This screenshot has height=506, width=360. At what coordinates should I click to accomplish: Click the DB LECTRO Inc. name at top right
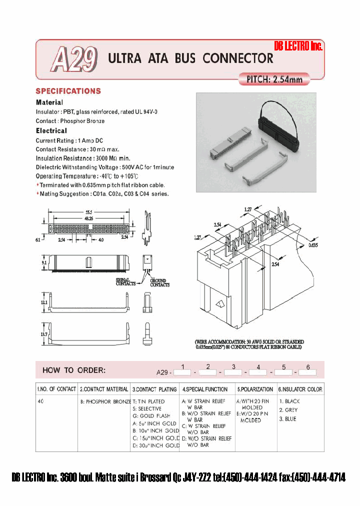coord(298,46)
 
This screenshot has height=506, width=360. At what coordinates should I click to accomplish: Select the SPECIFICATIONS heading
coord(68,91)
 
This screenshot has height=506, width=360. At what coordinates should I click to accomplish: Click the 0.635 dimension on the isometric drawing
coord(312,245)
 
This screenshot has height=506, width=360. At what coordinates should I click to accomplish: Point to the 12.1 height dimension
coord(44,302)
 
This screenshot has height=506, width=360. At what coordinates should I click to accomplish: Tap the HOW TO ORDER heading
coord(73,370)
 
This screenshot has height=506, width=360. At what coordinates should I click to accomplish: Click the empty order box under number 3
coord(232,372)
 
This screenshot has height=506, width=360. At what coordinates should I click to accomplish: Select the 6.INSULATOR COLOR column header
coord(300,389)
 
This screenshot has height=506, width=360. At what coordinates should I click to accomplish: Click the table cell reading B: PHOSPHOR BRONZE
coord(105,401)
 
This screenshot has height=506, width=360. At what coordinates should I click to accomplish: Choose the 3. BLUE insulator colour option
coord(287,419)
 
